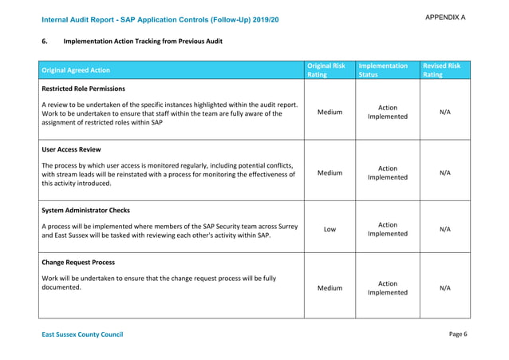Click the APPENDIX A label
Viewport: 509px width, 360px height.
[x=445, y=17]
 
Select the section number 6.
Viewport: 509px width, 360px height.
[x=45, y=41]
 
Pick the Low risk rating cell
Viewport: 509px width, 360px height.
[x=329, y=230]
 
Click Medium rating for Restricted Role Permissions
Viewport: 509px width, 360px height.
[x=329, y=113]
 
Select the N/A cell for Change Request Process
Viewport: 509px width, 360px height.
[x=444, y=288]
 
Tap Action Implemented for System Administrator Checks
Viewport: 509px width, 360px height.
[x=387, y=230]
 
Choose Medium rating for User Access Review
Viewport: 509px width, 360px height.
[x=329, y=173]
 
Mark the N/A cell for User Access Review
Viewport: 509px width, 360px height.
[x=444, y=173]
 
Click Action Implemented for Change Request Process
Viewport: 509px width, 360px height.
[x=387, y=288]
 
